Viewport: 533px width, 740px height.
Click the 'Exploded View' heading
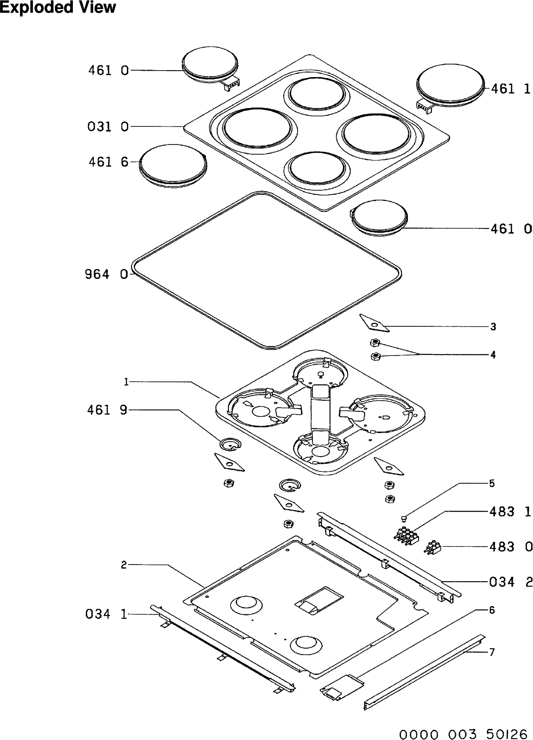coord(58,8)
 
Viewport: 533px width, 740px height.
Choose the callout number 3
coord(493,327)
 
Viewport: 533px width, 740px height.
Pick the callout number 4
coord(493,355)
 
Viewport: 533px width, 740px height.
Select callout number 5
coord(492,483)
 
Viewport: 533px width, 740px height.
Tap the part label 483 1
coord(510,511)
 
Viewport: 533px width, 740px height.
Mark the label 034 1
coord(107,614)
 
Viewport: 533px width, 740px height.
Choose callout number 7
coord(492,652)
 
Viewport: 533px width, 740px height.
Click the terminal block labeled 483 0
coord(432,547)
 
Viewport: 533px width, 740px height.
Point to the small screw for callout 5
coord(404,517)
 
